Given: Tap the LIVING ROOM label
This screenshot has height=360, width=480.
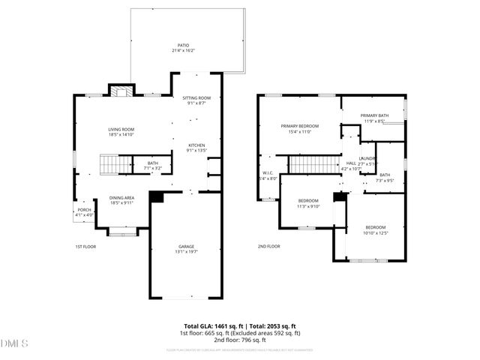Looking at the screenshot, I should (x=121, y=129).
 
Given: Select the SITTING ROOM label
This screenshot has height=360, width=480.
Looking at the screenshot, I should (x=197, y=98).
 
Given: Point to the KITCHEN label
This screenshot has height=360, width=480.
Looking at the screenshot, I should (x=196, y=145).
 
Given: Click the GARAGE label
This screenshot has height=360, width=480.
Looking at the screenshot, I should (x=186, y=246).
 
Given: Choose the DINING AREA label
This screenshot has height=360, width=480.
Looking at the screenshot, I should (x=121, y=197).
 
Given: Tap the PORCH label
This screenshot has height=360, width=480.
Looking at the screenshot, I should (x=85, y=210).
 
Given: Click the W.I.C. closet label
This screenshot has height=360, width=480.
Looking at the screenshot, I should (x=267, y=173).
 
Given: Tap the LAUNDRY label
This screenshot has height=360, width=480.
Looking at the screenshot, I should (x=367, y=158).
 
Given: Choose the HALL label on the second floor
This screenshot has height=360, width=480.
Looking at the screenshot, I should (x=351, y=163).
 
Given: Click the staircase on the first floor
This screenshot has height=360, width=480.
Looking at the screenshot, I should (x=115, y=163).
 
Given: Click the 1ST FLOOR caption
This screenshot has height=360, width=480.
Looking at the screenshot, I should (x=85, y=246).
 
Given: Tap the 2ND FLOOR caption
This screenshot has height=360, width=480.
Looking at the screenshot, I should (x=268, y=246).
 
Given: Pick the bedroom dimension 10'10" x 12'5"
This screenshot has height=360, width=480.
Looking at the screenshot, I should (x=375, y=233).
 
